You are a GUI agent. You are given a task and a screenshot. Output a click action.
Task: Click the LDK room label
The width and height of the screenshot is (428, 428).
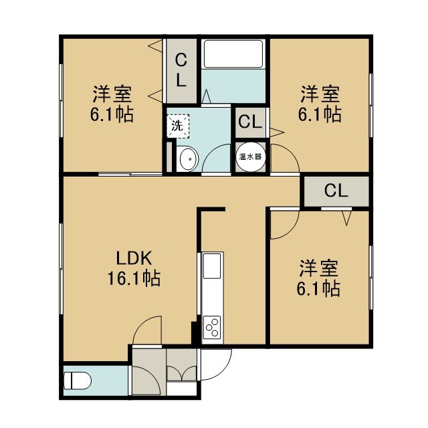(134, 258)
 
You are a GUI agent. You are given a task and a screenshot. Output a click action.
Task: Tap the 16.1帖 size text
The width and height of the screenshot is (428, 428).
(134, 278)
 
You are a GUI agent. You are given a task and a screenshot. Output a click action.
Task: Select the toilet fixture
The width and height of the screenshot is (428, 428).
(77, 381)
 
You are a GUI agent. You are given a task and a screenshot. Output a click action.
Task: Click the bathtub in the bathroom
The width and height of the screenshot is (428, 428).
(233, 54)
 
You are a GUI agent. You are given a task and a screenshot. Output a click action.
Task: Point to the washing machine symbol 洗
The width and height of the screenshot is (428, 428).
(177, 126)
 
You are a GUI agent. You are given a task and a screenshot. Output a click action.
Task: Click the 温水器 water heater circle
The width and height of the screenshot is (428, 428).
(251, 156)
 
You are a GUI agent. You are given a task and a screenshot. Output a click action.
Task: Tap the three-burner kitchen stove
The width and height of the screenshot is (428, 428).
(212, 328)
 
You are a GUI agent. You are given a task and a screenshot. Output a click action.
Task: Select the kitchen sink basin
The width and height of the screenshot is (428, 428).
(212, 266)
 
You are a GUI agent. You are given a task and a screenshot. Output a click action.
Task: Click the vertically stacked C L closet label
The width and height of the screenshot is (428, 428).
(181, 70)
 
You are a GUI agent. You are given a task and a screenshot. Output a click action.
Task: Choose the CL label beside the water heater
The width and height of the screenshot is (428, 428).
(250, 122)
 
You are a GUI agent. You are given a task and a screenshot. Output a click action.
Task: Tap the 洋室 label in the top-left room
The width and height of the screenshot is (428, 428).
(112, 94)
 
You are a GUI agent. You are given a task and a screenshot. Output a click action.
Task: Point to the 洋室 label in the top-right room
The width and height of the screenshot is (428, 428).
(320, 94)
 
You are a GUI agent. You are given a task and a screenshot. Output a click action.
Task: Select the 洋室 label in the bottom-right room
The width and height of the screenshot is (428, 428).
(319, 269)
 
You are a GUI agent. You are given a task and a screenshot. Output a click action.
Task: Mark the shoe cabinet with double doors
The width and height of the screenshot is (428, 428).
(181, 365)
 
